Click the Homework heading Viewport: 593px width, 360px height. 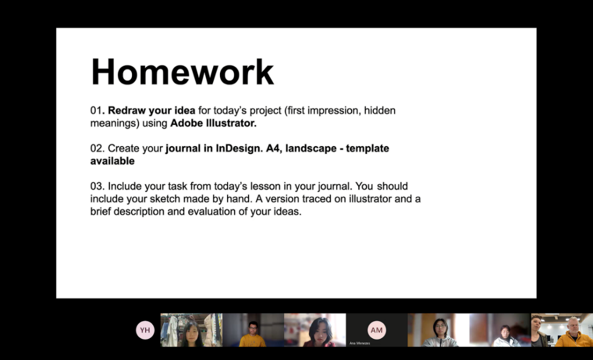pyautogui.click(x=182, y=72)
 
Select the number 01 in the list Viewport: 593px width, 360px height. pyautogui.click(x=96, y=110)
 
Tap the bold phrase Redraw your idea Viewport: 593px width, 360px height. pyautogui.click(x=151, y=110)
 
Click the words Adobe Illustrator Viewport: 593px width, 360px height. pyautogui.click(x=213, y=123)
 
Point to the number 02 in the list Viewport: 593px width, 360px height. pyautogui.click(x=96, y=148)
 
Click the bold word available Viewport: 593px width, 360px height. pyautogui.click(x=112, y=161)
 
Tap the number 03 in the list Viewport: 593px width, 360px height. pyautogui.click(x=96, y=186)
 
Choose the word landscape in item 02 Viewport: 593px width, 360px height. pyautogui.click(x=310, y=148)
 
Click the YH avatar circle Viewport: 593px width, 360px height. pyautogui.click(x=145, y=330)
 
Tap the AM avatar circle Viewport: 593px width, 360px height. pyautogui.click(x=376, y=330)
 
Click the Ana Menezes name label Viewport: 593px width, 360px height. pyautogui.click(x=359, y=343)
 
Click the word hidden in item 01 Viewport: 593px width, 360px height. pyautogui.click(x=379, y=110)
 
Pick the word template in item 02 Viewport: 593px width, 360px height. pyautogui.click(x=367, y=148)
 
